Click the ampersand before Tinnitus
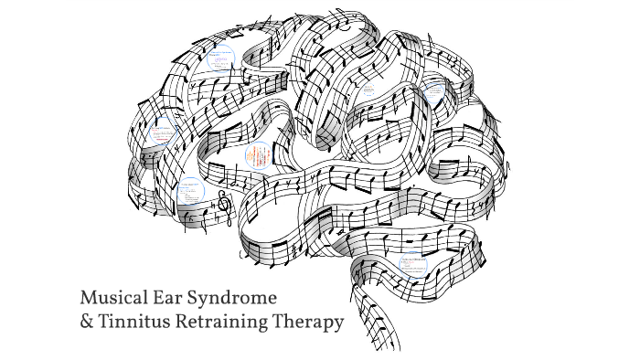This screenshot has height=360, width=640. [x=87, y=323]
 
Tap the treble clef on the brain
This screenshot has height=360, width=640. [x=223, y=209]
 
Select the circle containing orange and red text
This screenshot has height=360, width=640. [x=259, y=156]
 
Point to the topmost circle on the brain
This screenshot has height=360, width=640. [x=220, y=57]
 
